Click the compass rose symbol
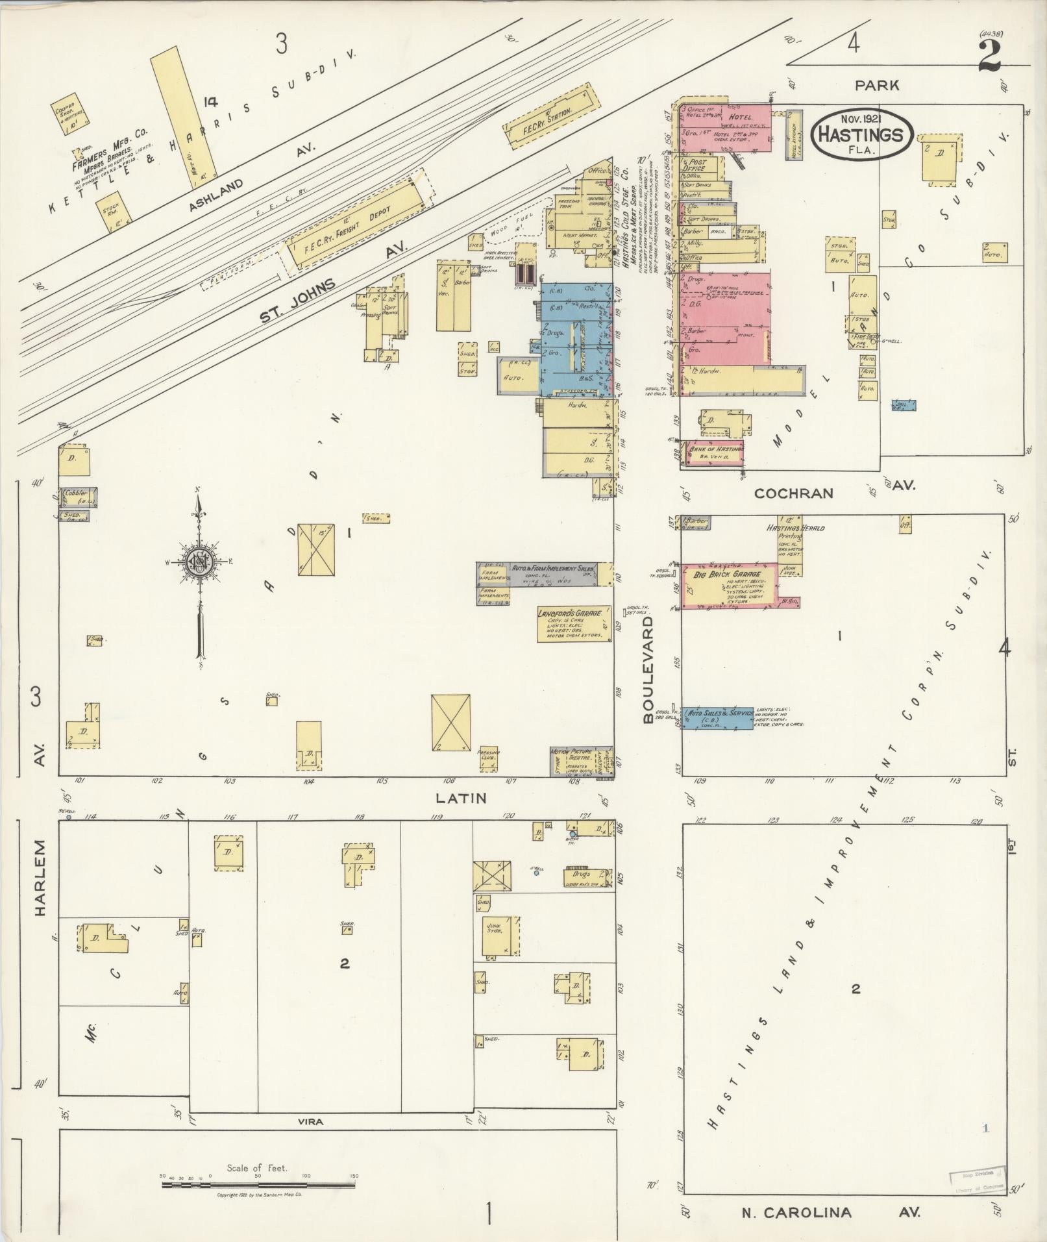tap(199, 562)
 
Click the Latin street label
tap(462, 797)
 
